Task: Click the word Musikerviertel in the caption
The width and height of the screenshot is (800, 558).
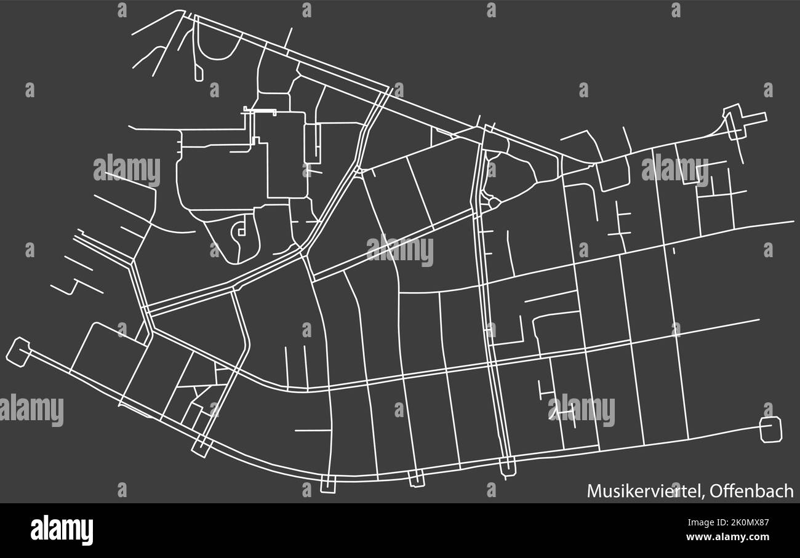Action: [644, 491]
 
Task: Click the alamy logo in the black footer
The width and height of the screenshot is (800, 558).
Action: [61, 530]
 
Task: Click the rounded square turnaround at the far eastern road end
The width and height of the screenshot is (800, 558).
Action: [770, 429]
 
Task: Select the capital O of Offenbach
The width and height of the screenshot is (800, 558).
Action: [717, 491]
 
